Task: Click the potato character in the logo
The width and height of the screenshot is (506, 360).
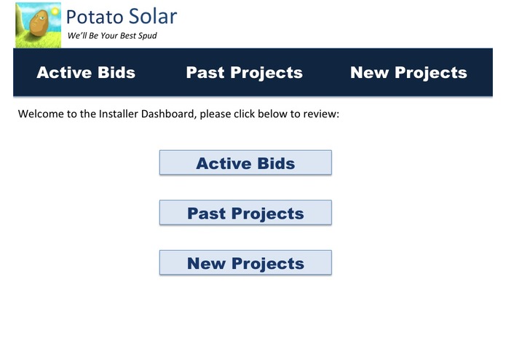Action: (x=38, y=25)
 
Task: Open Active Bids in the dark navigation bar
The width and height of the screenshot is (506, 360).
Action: (x=86, y=73)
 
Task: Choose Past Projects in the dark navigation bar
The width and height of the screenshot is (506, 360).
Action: (x=244, y=73)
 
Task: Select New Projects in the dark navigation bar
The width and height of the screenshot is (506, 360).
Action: (x=408, y=73)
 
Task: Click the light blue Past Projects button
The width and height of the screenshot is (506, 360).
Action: (x=245, y=214)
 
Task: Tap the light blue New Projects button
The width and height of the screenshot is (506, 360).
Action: (x=245, y=263)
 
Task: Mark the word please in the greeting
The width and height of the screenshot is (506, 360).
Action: (x=216, y=114)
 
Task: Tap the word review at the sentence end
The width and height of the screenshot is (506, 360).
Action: (x=320, y=114)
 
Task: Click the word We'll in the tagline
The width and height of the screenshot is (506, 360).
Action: (x=77, y=36)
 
